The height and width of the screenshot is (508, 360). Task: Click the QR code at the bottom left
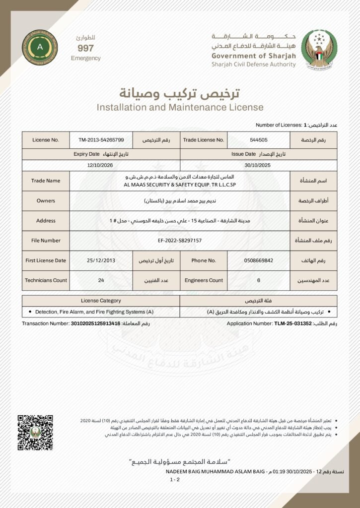(x=34, y=432)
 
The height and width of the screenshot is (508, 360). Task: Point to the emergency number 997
(x=85, y=48)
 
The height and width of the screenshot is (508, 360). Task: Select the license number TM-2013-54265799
(x=101, y=140)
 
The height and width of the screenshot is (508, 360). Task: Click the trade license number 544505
(x=259, y=140)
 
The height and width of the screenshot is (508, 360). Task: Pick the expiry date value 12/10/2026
(x=100, y=165)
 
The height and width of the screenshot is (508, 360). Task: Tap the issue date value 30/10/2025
(x=259, y=165)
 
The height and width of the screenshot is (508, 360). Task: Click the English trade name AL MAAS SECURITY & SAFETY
(x=179, y=184)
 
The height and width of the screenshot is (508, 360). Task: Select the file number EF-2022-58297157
(x=179, y=241)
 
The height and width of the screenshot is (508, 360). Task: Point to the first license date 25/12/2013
(x=101, y=260)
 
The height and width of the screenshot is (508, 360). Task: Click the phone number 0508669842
(x=259, y=260)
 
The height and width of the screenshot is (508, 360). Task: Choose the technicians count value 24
(x=101, y=280)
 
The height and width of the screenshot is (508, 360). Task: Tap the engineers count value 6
(x=259, y=280)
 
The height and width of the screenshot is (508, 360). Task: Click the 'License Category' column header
(x=101, y=301)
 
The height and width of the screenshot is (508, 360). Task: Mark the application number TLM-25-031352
(x=293, y=323)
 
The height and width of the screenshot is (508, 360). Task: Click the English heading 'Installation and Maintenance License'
(x=180, y=107)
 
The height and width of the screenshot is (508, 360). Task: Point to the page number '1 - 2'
(x=175, y=480)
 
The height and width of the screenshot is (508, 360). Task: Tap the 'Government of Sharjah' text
(x=253, y=56)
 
